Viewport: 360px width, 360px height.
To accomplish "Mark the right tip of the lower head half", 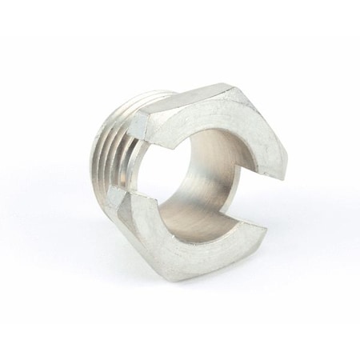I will [x=263, y=233].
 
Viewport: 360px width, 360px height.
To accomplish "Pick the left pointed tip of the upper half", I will [x=174, y=149].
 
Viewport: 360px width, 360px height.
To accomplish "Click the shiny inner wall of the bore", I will [x=200, y=200].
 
